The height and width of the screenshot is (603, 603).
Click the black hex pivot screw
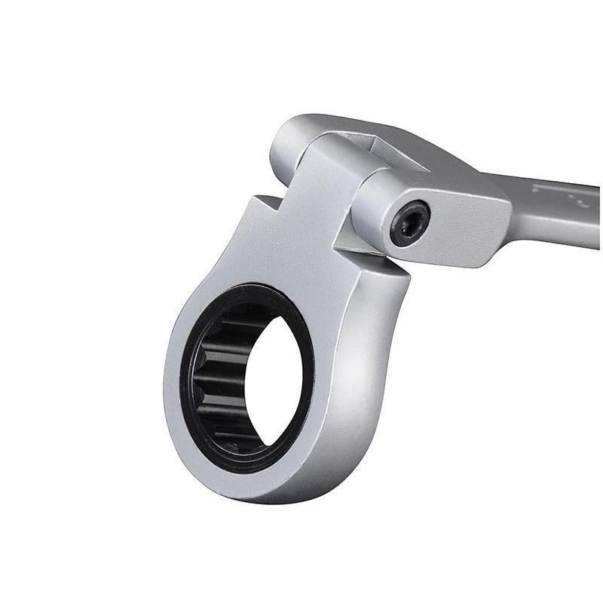(410, 223)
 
